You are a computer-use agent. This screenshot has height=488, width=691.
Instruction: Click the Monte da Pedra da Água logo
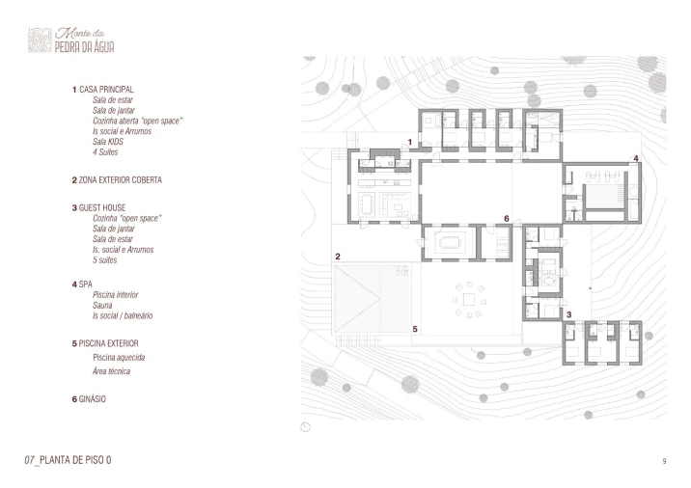71,41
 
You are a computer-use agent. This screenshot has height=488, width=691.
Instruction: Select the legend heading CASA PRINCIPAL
106,90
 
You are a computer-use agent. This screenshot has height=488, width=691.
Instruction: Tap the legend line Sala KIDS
108,142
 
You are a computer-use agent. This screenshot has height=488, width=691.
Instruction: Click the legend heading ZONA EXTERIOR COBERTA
121,179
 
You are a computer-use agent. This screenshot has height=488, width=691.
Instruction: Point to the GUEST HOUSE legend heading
101,207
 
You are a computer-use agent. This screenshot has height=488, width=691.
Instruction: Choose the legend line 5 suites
105,259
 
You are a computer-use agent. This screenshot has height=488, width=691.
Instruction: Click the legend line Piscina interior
116,295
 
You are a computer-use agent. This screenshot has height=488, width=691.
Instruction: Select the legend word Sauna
102,305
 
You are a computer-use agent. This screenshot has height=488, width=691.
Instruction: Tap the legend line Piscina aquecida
119,357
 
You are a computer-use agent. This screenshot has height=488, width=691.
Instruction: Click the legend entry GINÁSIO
92,399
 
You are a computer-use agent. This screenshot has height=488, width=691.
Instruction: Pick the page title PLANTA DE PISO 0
75,460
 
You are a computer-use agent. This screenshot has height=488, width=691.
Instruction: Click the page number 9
664,461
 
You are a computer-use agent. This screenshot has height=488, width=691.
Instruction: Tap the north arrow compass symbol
305,427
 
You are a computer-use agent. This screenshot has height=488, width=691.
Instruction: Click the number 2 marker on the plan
338,257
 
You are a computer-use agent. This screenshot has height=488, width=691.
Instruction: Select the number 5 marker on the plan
415,329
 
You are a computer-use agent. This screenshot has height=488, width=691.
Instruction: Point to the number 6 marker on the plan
507,219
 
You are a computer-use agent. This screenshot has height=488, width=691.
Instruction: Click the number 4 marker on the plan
635,158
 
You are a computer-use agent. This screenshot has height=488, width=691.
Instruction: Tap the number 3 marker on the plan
569,314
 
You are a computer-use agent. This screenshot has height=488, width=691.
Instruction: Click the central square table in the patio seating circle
469,300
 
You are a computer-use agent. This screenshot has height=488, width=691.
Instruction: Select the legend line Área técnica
111,371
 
